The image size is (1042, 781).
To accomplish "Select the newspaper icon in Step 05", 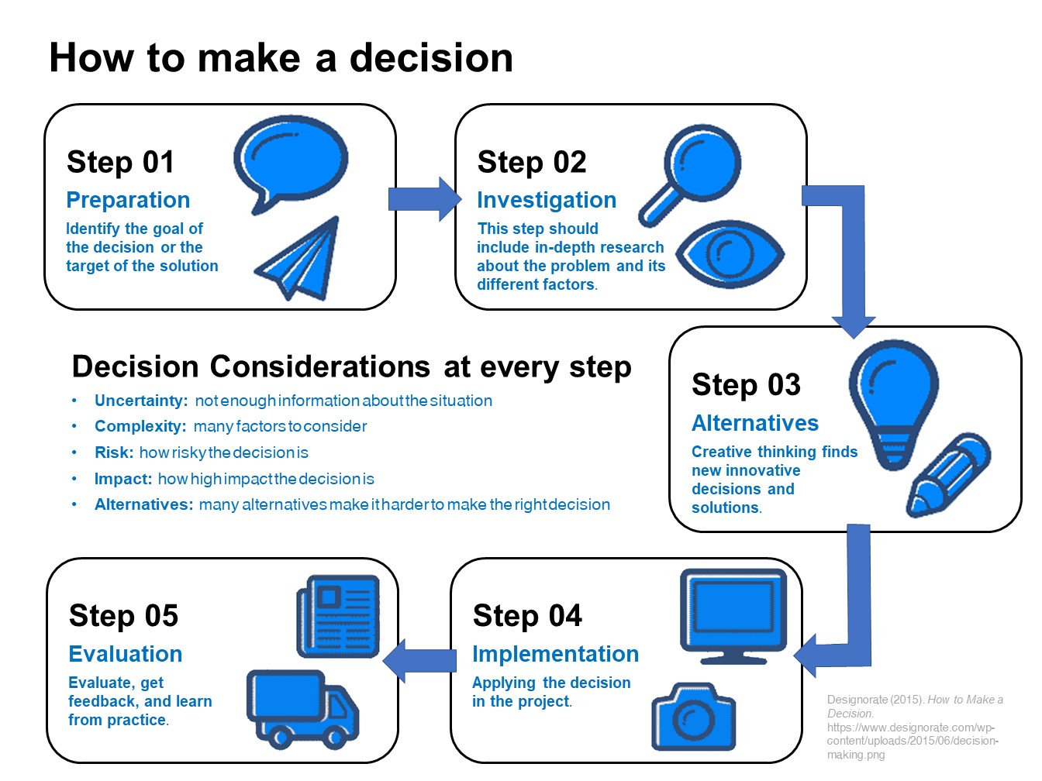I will [x=338, y=616].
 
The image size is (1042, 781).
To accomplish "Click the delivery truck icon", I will [x=302, y=709].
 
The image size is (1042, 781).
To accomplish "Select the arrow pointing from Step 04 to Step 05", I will [x=419, y=660].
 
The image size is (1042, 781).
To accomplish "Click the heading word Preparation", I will [x=128, y=200].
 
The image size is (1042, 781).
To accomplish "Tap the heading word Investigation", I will [x=547, y=200].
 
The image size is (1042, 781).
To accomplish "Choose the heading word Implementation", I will [x=555, y=654].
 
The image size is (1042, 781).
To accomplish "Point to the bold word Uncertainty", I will [x=140, y=401].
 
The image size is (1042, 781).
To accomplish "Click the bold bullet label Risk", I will [x=113, y=452].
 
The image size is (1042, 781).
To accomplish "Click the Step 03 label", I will [x=746, y=385].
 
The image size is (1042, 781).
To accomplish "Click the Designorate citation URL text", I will [x=912, y=741].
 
